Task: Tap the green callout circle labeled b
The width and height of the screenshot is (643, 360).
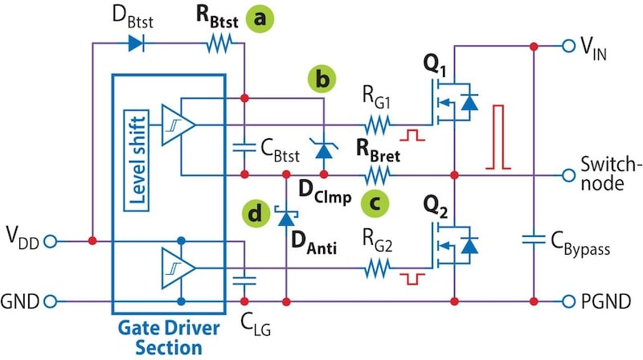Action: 323,80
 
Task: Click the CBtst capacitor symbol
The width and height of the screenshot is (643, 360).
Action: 244,148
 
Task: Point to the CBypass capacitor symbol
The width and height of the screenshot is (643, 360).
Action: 533,238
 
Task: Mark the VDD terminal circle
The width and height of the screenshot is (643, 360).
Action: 51,241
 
